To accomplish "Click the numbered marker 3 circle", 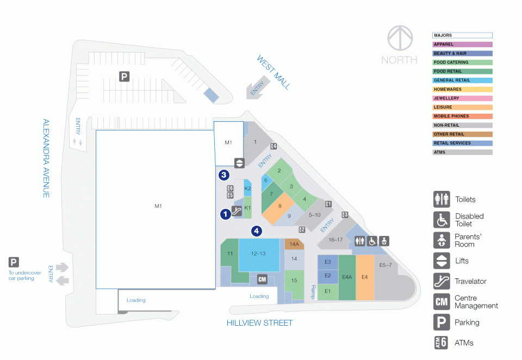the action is pos(223,175).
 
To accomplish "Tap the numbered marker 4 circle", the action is pos(256,231).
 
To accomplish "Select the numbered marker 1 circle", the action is pos(225,214).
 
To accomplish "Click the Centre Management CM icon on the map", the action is pos(262,280).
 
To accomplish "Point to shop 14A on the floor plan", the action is pos(294,244).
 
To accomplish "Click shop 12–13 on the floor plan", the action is pos(259,255).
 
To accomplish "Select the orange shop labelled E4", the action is pos(365,277).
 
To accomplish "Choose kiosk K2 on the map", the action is pos(247,188).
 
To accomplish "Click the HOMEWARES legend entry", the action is pos(462,89).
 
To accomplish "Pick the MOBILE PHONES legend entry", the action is pos(462,116).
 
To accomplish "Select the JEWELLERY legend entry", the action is pos(462,98).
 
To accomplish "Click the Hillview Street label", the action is pos(260,322).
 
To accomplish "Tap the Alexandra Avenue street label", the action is pos(46,158).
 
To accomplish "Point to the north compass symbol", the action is pos(400,38).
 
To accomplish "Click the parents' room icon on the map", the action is pos(384,241).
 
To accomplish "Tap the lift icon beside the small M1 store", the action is pos(239,163).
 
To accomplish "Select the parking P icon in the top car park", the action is pos(124,77).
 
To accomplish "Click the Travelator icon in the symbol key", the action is pos(442,281).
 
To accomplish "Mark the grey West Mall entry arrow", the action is pos(257,88).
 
